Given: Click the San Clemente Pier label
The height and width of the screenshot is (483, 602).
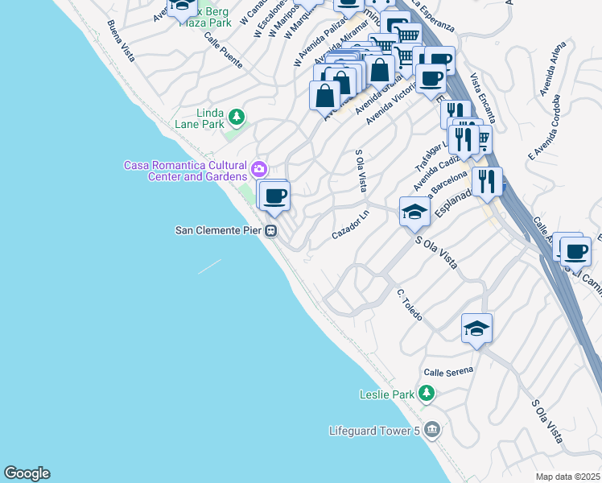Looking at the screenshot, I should pyautogui.click(x=220, y=231).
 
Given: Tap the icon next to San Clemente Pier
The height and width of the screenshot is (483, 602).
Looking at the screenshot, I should pyautogui.click(x=272, y=231).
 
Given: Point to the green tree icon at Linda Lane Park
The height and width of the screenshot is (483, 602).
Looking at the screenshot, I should pyautogui.click(x=236, y=118).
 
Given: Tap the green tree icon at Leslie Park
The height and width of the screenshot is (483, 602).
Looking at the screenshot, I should pyautogui.click(x=427, y=394).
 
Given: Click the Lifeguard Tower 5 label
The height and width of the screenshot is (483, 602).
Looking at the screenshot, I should pyautogui.click(x=374, y=430).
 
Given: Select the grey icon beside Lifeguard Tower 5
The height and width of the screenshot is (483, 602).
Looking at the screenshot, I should pyautogui.click(x=433, y=430).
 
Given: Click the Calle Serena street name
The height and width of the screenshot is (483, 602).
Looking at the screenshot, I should pyautogui.click(x=449, y=371).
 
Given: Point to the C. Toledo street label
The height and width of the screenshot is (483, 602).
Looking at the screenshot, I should pyautogui.click(x=409, y=304).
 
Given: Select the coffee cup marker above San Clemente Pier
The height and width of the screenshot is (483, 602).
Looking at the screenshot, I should pyautogui.click(x=274, y=196).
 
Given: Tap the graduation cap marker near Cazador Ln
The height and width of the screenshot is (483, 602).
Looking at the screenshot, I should pyautogui.click(x=414, y=212).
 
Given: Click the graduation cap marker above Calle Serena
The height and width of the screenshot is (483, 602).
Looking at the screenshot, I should pyautogui.click(x=476, y=328).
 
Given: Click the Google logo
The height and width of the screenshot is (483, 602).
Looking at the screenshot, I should pyautogui.click(x=27, y=473).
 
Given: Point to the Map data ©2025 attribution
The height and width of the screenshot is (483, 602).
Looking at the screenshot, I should pyautogui.click(x=568, y=477).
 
